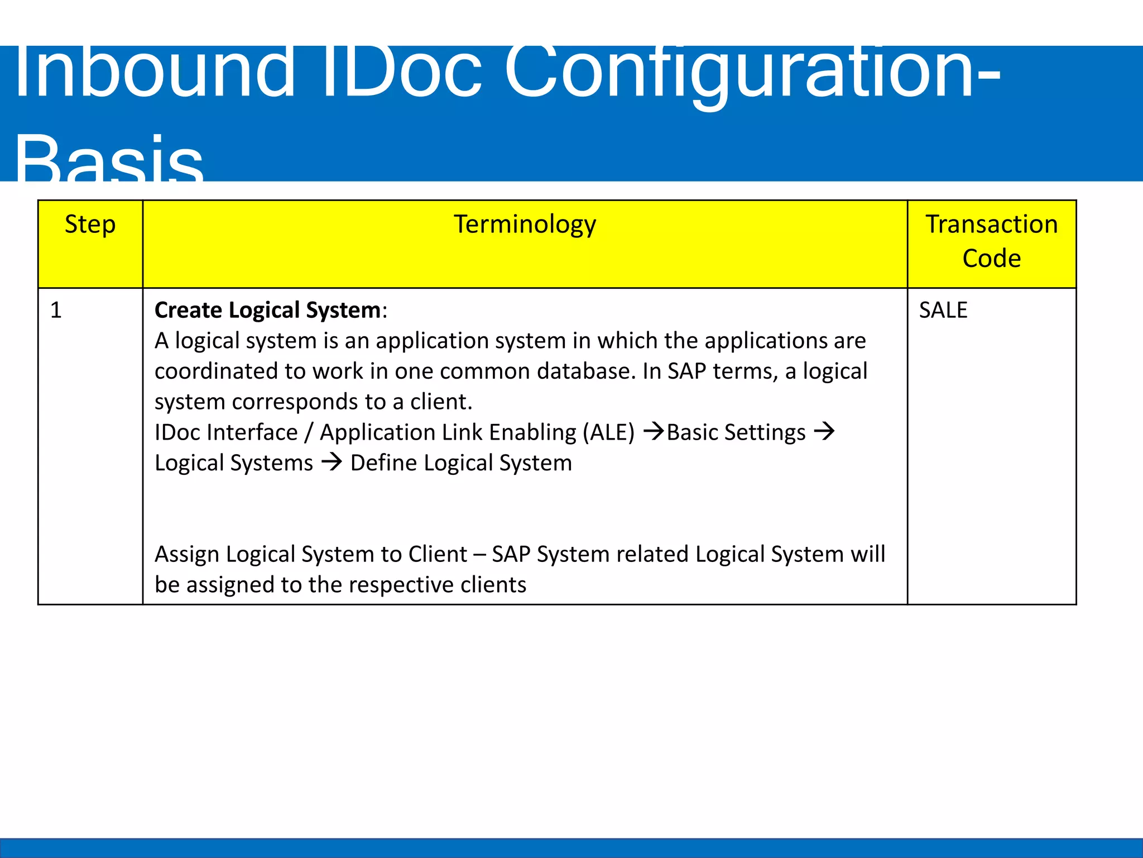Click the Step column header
90,225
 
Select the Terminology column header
525,225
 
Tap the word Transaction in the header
991,225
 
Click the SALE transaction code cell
943,311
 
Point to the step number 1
56,311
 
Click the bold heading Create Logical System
267,311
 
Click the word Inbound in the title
153,73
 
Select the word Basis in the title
109,159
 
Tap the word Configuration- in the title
751,73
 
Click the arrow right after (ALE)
653,431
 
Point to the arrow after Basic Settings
824,431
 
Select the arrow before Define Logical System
332,462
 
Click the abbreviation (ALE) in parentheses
608,433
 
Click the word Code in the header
991,259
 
